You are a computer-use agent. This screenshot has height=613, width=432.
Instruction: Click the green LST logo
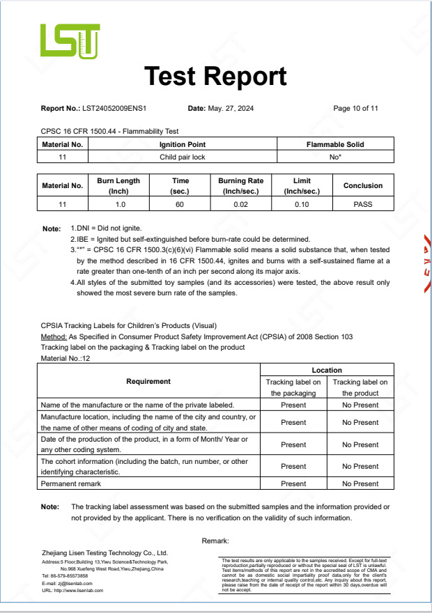point(70,40)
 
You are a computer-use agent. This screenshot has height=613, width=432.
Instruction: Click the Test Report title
point(215,76)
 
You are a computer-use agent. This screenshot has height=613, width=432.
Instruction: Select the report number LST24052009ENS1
point(114,109)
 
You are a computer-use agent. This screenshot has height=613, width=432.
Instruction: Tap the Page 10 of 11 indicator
point(355,109)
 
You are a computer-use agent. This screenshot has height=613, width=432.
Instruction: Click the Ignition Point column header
point(183,145)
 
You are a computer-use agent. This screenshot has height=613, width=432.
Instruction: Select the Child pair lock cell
point(183,157)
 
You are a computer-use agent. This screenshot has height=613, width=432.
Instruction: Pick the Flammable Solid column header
point(335,145)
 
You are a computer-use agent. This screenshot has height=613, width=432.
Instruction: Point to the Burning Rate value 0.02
point(241,204)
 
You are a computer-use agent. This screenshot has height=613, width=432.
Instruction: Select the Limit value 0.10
point(302,204)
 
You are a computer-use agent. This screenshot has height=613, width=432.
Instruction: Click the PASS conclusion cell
point(363,204)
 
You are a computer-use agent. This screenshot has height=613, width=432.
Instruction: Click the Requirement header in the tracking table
point(148,381)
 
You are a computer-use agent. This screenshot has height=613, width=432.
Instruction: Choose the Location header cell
point(327,370)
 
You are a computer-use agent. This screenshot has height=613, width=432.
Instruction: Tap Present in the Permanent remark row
point(293,483)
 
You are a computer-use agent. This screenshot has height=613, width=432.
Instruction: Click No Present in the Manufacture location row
point(360,422)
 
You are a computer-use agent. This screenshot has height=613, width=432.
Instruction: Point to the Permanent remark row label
point(71,483)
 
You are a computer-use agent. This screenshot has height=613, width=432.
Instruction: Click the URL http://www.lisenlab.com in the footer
point(72,590)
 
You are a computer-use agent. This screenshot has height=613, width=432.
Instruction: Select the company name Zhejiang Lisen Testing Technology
point(105,552)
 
